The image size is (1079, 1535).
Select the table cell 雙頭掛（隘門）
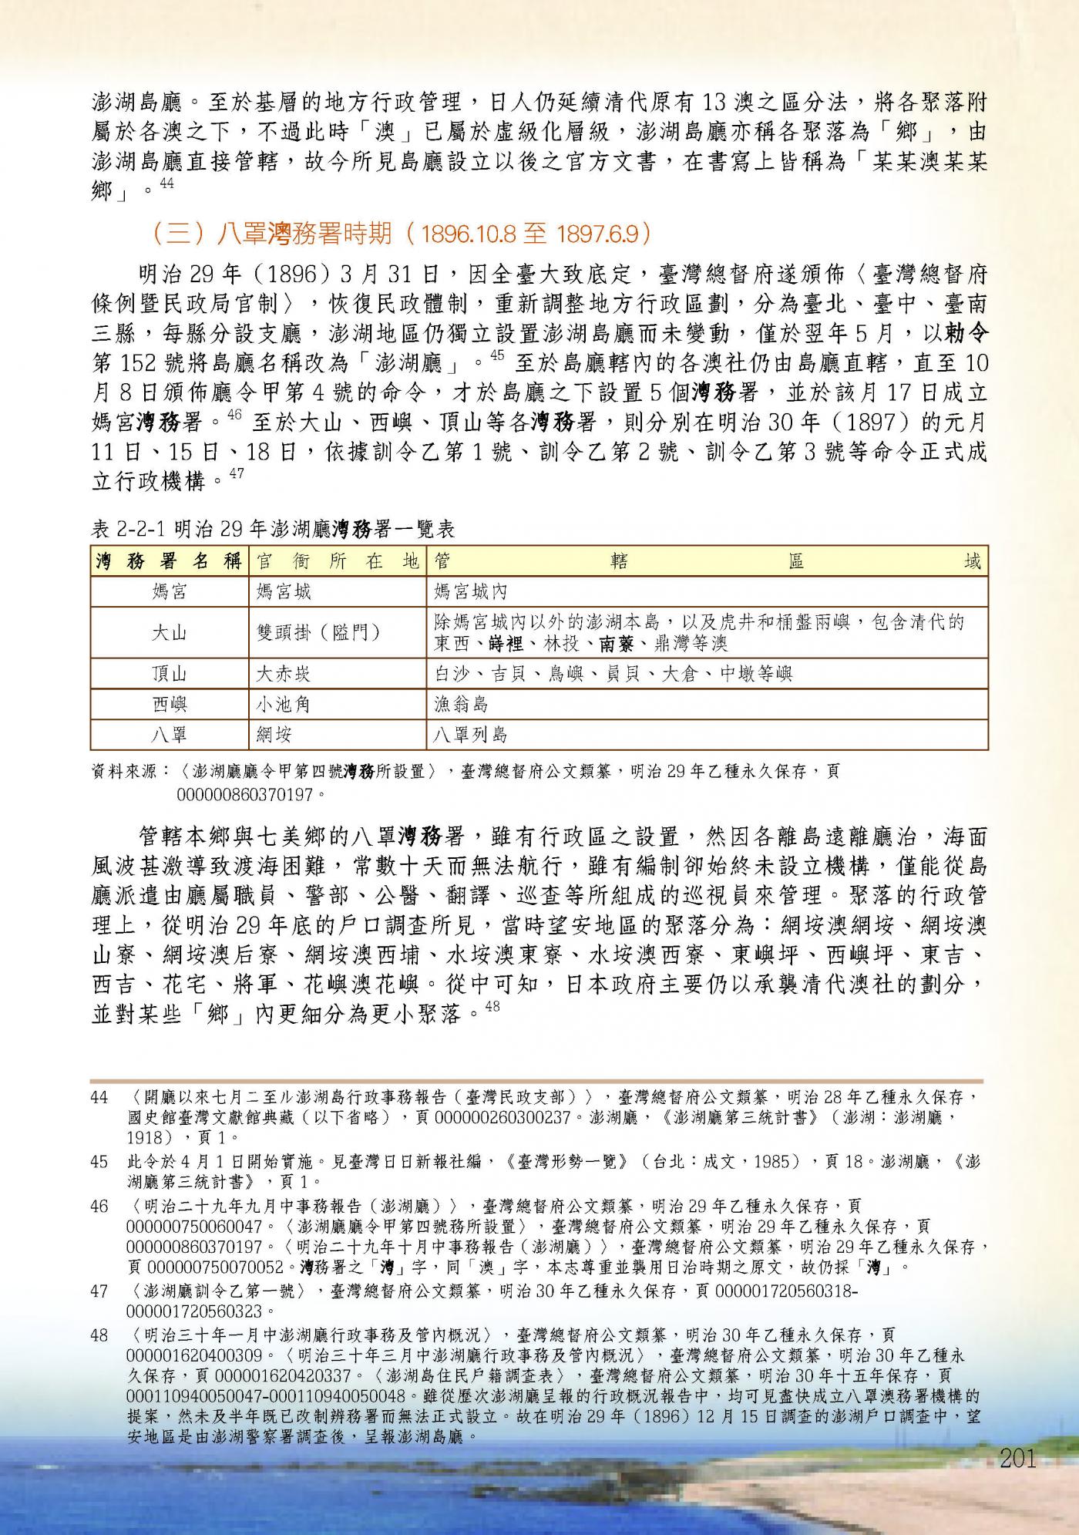click(318, 633)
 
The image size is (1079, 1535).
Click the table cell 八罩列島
click(470, 734)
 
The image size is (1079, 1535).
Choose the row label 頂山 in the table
click(170, 674)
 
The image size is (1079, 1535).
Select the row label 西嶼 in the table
click(170, 704)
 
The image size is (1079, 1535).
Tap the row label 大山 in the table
click(170, 633)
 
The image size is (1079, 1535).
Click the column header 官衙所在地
click(337, 561)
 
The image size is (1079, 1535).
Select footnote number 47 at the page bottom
click(99, 1291)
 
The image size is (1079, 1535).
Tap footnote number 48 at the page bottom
click(99, 1335)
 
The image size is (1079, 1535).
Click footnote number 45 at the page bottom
click(99, 1161)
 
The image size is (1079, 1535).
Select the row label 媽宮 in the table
click(170, 592)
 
